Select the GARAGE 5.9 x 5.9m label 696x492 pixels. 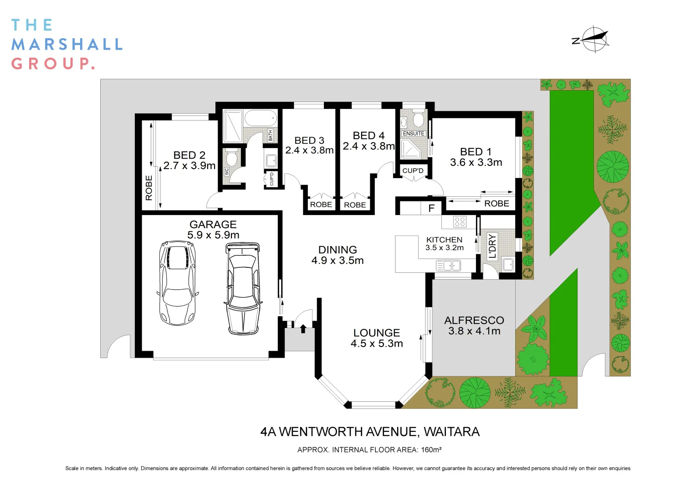pyautogui.click(x=213, y=230)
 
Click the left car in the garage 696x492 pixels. pyautogui.click(x=178, y=282)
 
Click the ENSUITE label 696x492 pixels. pyautogui.click(x=414, y=133)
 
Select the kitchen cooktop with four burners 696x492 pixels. pyautogui.click(x=460, y=222)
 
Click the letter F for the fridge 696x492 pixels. pyautogui.click(x=431, y=209)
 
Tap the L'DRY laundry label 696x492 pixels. pyautogui.click(x=492, y=246)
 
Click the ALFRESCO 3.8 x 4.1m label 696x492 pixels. pyautogui.click(x=474, y=326)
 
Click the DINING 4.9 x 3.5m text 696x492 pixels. pyautogui.click(x=338, y=255)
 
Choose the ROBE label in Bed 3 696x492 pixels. pyautogui.click(x=321, y=205)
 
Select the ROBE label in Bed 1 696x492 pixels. pyautogui.click(x=496, y=204)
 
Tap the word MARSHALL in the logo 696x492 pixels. pyautogui.click(x=67, y=44)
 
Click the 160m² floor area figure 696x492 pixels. pyautogui.click(x=431, y=450)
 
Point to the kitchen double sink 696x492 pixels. pyautogui.click(x=448, y=265)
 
